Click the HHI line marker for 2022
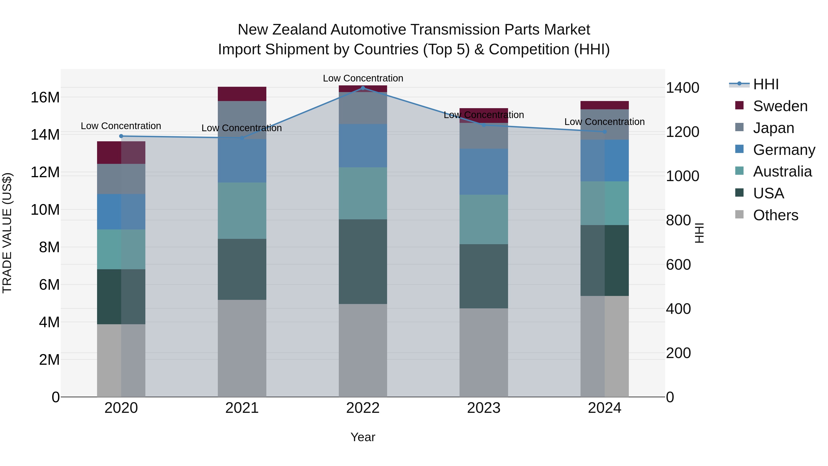[363, 88]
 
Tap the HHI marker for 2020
[121, 136]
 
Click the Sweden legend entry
[780, 106]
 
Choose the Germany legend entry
[784, 150]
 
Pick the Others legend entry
[775, 215]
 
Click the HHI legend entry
[766, 84]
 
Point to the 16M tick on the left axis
[45, 97]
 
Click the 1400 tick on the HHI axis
[682, 88]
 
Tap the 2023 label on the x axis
[483, 408]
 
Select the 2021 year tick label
[242, 408]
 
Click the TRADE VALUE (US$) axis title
[7, 233]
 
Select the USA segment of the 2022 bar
[363, 261]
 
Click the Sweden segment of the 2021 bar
[242, 94]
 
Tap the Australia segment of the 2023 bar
[483, 219]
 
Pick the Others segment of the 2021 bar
[242, 348]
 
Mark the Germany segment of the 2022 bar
[363, 146]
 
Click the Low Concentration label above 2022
[363, 78]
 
